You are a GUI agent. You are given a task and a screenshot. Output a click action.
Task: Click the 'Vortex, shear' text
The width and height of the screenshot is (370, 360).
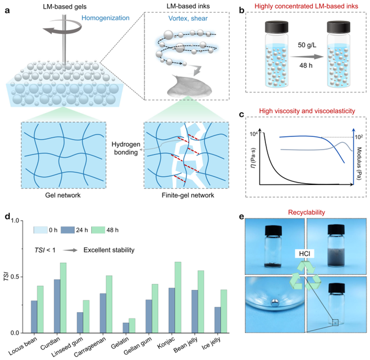(x=186, y=17)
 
